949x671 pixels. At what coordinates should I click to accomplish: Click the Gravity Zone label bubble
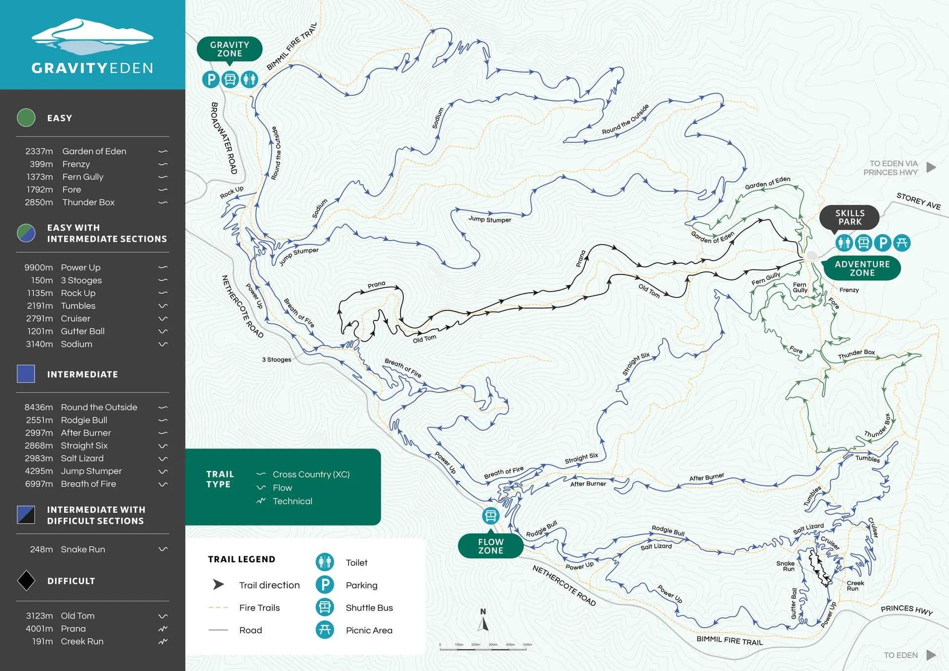click(229, 49)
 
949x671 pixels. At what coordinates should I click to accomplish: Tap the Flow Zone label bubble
click(490, 546)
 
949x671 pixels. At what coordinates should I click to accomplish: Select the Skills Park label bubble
click(849, 218)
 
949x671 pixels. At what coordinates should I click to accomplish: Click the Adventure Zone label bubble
click(862, 268)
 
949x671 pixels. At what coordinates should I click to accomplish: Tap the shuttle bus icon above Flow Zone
click(490, 516)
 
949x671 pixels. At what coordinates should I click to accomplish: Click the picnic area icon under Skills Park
click(902, 243)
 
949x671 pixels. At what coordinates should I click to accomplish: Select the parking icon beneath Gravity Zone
click(211, 79)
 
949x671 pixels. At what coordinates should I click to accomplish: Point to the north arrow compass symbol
click(483, 621)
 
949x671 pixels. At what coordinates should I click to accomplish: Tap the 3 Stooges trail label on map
click(276, 359)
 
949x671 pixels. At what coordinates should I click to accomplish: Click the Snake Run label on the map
click(785, 566)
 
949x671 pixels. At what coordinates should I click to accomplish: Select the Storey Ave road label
click(918, 201)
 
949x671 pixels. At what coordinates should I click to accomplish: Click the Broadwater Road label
click(224, 138)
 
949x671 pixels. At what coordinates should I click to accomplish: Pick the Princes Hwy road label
click(906, 610)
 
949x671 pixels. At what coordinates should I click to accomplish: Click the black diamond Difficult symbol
click(26, 581)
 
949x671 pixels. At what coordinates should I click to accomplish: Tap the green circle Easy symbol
click(26, 118)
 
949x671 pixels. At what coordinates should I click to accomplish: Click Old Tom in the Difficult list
click(78, 616)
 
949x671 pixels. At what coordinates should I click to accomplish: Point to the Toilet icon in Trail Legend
click(325, 562)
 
